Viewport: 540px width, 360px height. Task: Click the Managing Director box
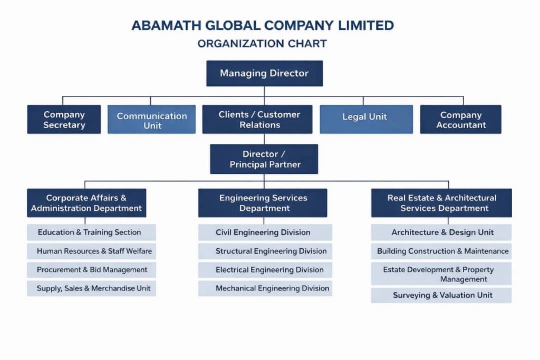click(x=264, y=73)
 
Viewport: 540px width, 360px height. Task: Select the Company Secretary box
click(x=64, y=120)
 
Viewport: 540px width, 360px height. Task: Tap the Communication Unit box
click(x=151, y=120)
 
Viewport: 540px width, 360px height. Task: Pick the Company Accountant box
click(x=460, y=120)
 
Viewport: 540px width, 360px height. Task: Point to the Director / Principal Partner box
click(x=264, y=159)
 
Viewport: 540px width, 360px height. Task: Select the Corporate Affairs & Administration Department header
click(x=86, y=203)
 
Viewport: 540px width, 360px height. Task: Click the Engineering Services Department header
click(x=263, y=203)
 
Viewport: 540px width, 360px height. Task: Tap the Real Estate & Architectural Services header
click(x=441, y=203)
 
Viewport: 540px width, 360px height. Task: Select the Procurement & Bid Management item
click(x=91, y=270)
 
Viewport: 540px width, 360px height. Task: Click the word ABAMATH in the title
click(x=165, y=25)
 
